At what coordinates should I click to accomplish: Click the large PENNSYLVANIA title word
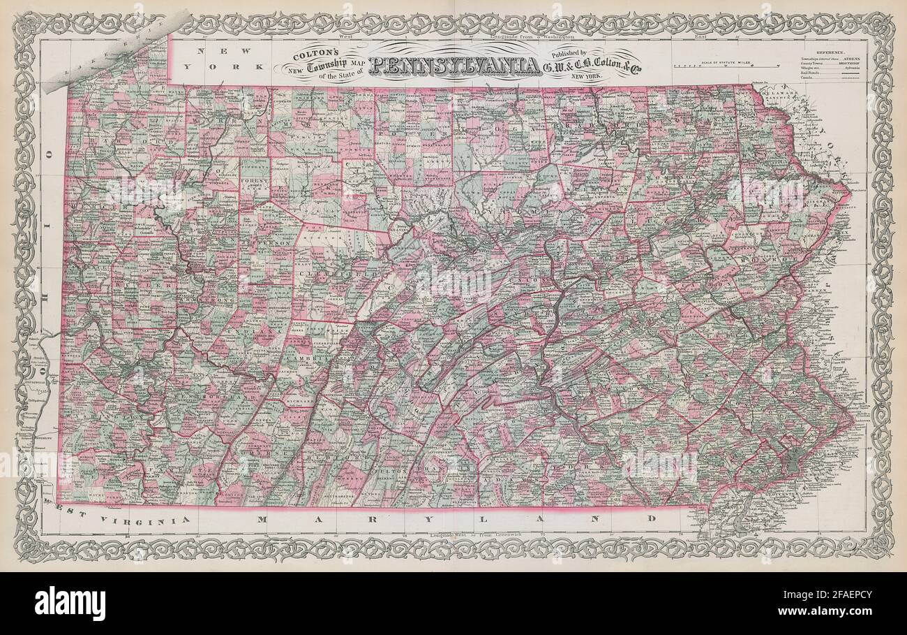point(454,66)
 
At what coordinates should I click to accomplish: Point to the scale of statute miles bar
point(726,66)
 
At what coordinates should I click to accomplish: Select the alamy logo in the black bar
point(70,604)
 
